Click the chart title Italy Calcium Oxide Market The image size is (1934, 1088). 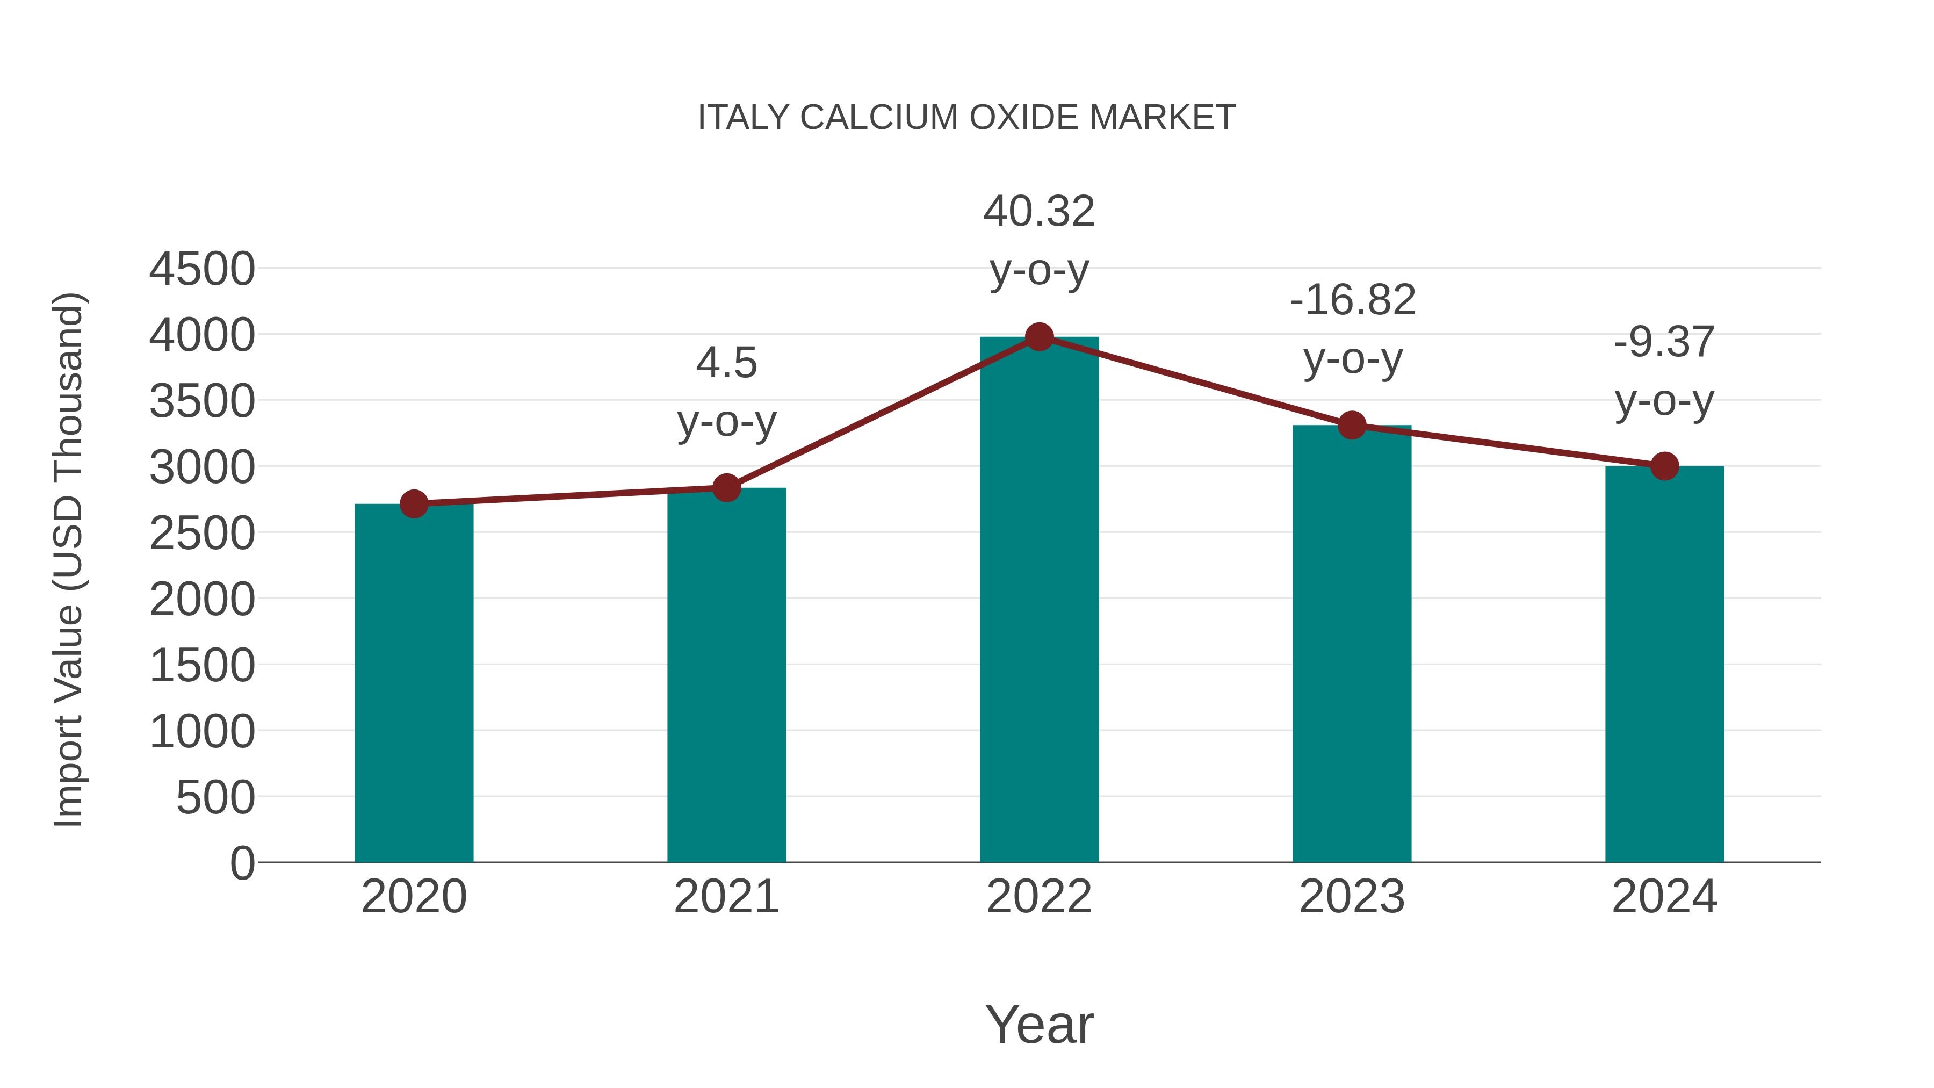[x=966, y=118]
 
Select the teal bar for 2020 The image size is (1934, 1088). [x=414, y=683]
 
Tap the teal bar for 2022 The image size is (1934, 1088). [x=1039, y=601]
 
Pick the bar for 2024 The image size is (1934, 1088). [x=1664, y=665]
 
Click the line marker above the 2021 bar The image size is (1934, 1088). [x=726, y=488]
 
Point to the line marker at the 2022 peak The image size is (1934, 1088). [x=1039, y=337]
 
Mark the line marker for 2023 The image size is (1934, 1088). [x=1352, y=426]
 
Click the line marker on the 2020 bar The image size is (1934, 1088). [x=414, y=504]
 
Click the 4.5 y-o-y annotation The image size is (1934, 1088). [x=726, y=392]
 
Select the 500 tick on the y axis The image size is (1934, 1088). [x=215, y=797]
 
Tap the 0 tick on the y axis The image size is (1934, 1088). [x=242, y=863]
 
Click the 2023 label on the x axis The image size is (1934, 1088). [x=1352, y=897]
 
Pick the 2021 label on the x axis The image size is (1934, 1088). [x=726, y=897]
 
